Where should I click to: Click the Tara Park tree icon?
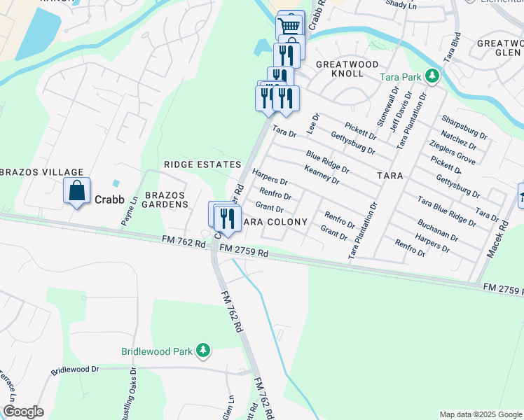(433, 75)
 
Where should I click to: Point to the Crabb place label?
(109, 199)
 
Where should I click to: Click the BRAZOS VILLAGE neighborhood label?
(42, 172)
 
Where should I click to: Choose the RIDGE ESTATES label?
(202, 164)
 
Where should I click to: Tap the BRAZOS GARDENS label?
(167, 199)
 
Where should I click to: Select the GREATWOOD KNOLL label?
(340, 69)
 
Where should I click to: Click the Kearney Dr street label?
(322, 175)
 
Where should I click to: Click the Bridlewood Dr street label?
(76, 369)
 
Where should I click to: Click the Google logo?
(24, 412)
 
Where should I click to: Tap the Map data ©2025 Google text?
(480, 414)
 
